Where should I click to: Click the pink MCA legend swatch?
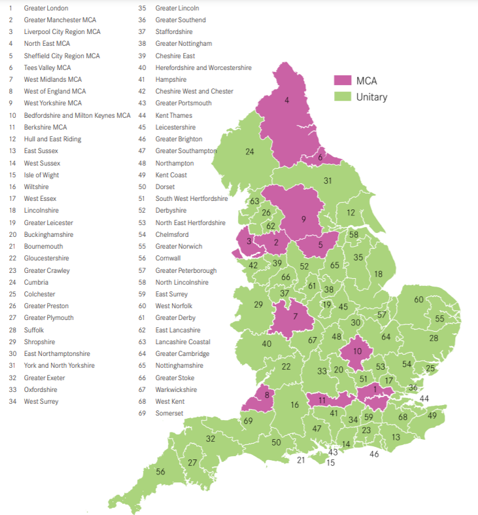(x=343, y=80)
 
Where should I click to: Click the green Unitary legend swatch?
(x=343, y=97)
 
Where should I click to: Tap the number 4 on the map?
(x=286, y=100)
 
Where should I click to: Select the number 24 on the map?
(x=249, y=152)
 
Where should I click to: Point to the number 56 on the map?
(x=160, y=472)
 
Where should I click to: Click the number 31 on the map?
(x=328, y=181)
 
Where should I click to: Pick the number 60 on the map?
(x=418, y=300)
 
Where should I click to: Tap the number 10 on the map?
(x=357, y=351)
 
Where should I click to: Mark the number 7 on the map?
(x=296, y=317)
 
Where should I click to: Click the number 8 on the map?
(x=266, y=395)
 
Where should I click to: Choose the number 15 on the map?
(x=330, y=463)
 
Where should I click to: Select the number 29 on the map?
(x=258, y=305)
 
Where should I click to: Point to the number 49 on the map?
(x=432, y=416)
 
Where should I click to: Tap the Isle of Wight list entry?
(x=41, y=175)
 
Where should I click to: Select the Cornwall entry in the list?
(x=168, y=258)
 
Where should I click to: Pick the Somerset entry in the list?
(x=169, y=413)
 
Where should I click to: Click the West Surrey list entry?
(x=41, y=401)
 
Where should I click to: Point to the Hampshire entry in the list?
(x=170, y=79)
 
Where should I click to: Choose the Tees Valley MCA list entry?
(x=47, y=67)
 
